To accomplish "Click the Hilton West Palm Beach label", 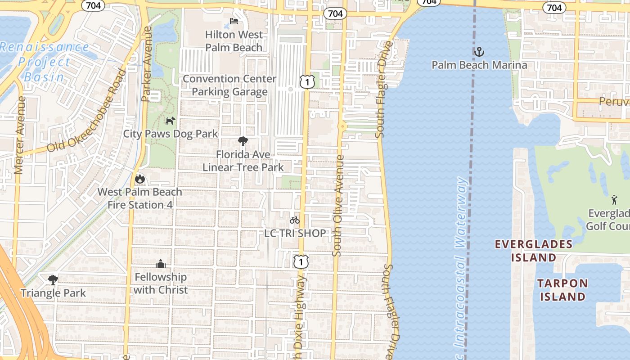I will tap(234, 41).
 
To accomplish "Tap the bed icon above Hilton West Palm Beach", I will tap(234, 21).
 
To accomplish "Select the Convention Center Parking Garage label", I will tap(229, 85).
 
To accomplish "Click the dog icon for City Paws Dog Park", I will tap(170, 121).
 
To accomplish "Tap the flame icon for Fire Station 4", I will tap(140, 179).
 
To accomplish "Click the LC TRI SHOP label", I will tap(295, 233).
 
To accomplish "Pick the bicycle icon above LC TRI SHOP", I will tap(295, 220).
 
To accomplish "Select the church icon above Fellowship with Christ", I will tap(161, 264).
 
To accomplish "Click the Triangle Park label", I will tap(53, 293).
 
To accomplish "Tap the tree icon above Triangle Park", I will tap(53, 280).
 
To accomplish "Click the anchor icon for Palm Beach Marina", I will tap(479, 52).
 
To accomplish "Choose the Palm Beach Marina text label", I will tap(479, 65).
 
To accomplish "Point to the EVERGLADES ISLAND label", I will tap(534, 251).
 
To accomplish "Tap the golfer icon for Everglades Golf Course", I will tap(614, 199).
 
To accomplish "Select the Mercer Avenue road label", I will tap(19, 135).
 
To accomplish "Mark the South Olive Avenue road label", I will tap(338, 206).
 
